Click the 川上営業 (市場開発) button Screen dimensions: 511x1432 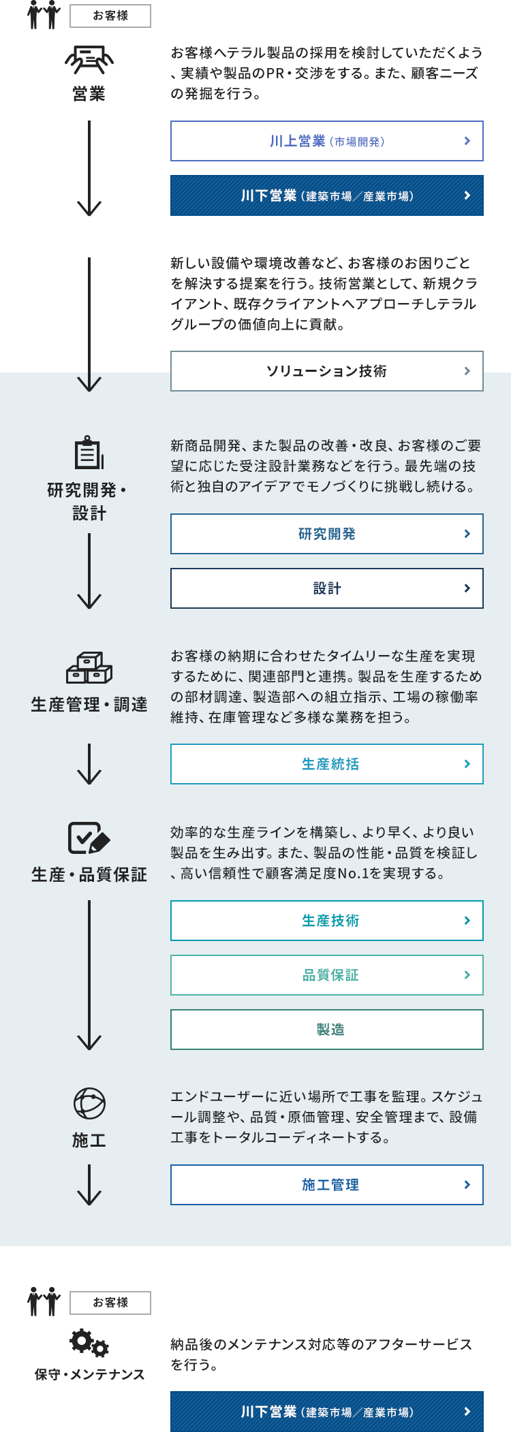[327, 141]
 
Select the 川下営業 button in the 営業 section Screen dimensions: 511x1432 [327, 195]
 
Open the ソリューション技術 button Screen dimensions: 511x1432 [327, 371]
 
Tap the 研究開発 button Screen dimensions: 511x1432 [327, 534]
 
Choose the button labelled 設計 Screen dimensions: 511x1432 [327, 588]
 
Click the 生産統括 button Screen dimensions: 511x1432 [327, 764]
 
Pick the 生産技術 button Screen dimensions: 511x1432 [327, 921]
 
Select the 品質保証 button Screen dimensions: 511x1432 [327, 975]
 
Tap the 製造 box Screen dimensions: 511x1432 [327, 1030]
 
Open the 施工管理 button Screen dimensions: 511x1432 [327, 1185]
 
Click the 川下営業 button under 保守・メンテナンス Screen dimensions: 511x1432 [327, 1412]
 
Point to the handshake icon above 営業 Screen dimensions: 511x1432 [89, 60]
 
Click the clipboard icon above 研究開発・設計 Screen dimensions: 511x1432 [89, 452]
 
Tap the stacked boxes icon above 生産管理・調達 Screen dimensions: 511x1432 [89, 668]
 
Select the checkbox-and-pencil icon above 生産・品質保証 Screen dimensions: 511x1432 [89, 838]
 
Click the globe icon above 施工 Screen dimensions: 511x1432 [89, 1104]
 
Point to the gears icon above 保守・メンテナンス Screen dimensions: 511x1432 [89, 1343]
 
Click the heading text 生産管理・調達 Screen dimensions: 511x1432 [89, 705]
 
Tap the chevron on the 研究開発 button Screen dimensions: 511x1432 [467, 534]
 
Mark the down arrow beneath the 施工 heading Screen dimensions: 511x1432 [89, 1185]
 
